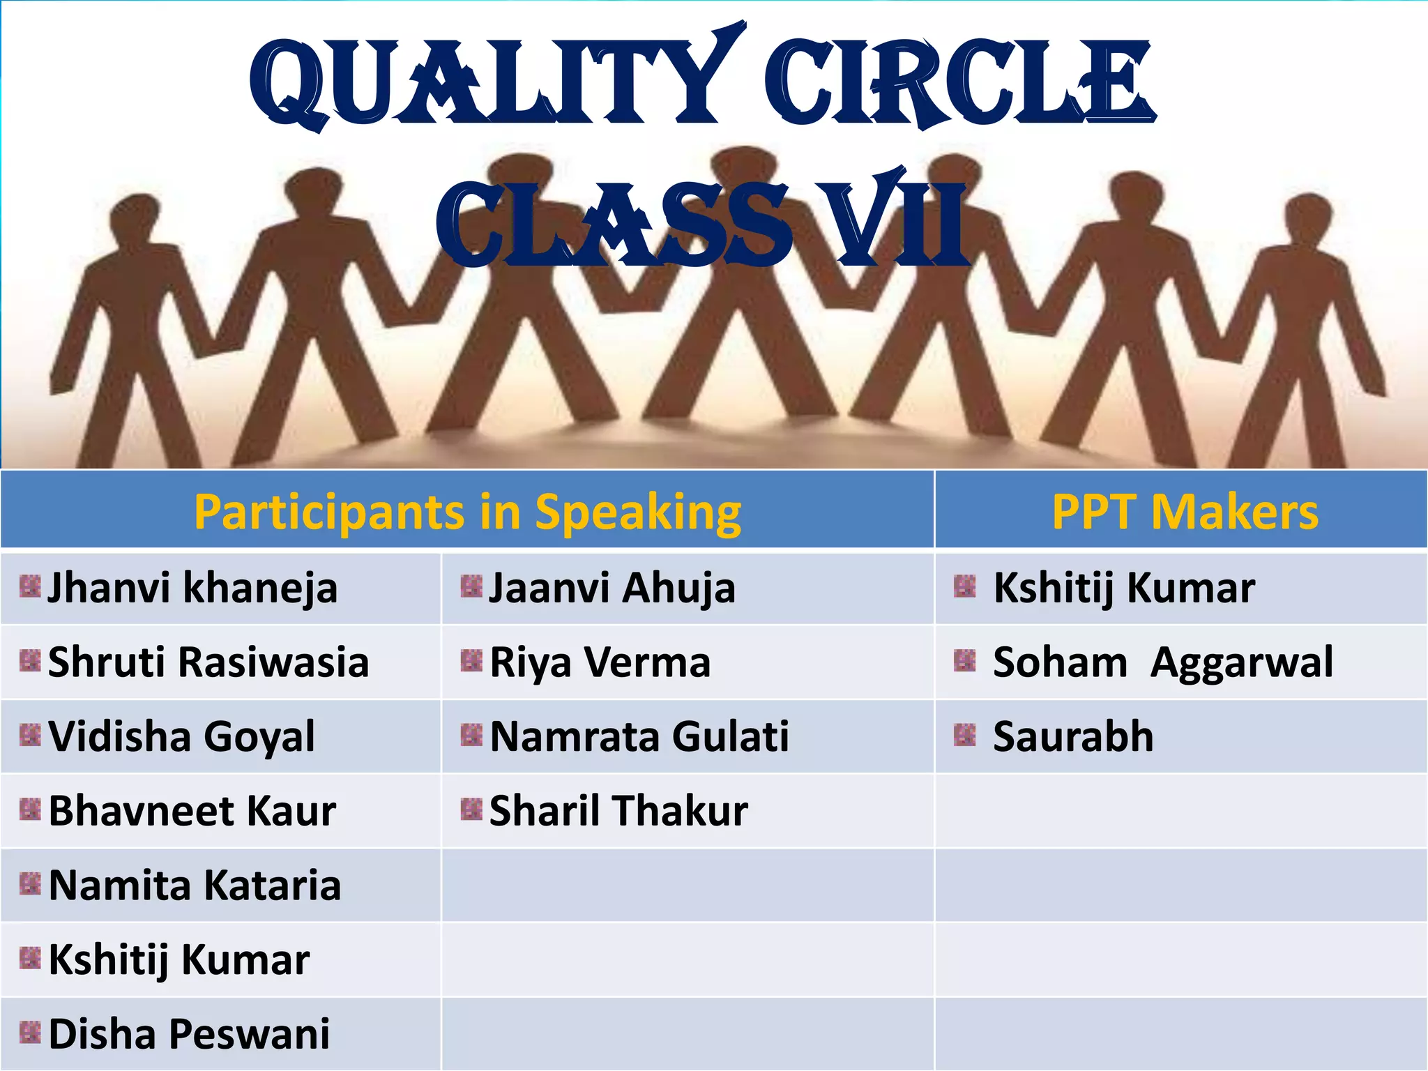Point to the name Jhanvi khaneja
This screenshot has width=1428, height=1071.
click(192, 588)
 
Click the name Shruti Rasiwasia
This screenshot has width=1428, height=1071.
click(208, 662)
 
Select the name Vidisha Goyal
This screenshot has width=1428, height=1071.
click(181, 736)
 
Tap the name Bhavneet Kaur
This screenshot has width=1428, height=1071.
click(192, 811)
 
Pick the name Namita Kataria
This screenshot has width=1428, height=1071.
click(195, 886)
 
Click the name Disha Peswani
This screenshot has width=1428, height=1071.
click(189, 1034)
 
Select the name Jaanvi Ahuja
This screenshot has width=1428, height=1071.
click(612, 588)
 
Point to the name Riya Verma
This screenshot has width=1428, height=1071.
click(600, 662)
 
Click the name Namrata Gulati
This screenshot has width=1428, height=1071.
click(639, 736)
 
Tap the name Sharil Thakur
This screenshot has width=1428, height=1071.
click(618, 811)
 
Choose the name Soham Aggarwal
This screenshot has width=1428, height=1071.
click(1162, 662)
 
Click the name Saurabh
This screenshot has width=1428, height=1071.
click(1073, 736)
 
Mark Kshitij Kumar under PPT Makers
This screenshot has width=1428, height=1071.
click(1124, 588)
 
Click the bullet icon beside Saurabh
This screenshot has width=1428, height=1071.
click(964, 735)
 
